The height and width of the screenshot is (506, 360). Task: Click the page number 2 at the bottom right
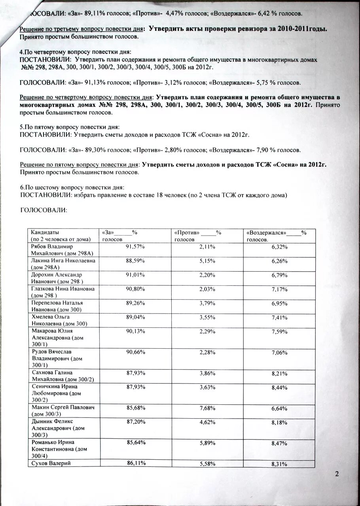click(337, 474)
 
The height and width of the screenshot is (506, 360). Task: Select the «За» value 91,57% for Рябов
click(135, 247)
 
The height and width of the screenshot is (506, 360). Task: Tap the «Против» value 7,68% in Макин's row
click(207, 408)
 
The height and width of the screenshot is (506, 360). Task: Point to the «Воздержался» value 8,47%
click(279, 444)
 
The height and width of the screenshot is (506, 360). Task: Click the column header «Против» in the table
click(198, 236)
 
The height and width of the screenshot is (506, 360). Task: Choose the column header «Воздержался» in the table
click(277, 236)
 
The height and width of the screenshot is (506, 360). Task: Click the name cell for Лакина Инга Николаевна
click(63, 264)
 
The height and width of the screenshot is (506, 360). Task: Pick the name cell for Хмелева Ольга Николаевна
click(59, 320)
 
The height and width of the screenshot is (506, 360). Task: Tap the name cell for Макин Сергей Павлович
click(63, 407)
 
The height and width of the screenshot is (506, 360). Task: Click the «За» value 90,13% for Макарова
click(135, 331)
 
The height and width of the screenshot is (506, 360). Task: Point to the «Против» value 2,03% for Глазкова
click(207, 289)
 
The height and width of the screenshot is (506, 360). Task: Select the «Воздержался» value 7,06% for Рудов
click(279, 352)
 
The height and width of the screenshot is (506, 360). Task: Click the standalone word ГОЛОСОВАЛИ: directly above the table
click(44, 210)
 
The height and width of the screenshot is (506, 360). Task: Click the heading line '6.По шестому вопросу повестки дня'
click(72, 187)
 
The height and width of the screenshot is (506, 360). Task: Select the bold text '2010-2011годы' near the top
click(303, 29)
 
